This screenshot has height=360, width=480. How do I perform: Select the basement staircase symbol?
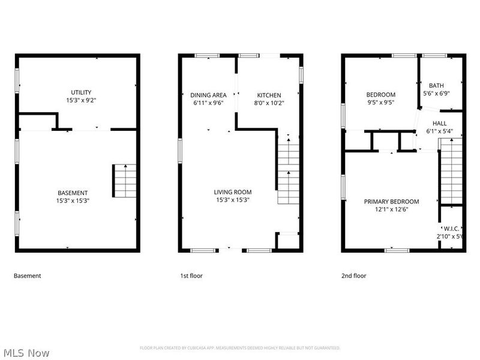(124, 180)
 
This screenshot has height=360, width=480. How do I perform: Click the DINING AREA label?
(208, 95)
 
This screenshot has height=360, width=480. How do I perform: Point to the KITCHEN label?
(269, 95)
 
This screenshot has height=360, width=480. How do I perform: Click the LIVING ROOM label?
(233, 192)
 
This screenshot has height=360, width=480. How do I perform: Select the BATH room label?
(436, 85)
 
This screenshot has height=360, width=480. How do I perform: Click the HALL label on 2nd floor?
(440, 124)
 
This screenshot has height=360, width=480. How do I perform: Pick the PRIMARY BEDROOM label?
(391, 202)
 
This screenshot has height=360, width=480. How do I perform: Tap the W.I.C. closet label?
(451, 229)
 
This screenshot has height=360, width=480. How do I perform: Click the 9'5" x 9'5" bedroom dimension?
(381, 103)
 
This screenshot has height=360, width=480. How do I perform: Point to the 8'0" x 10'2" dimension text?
(269, 103)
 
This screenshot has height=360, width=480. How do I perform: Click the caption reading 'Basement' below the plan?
(28, 276)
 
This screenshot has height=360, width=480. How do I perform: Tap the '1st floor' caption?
(191, 276)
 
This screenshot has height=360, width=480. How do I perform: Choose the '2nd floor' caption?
(354, 276)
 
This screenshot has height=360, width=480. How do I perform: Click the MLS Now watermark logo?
(26, 353)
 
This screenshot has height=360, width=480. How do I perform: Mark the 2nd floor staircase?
(451, 171)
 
